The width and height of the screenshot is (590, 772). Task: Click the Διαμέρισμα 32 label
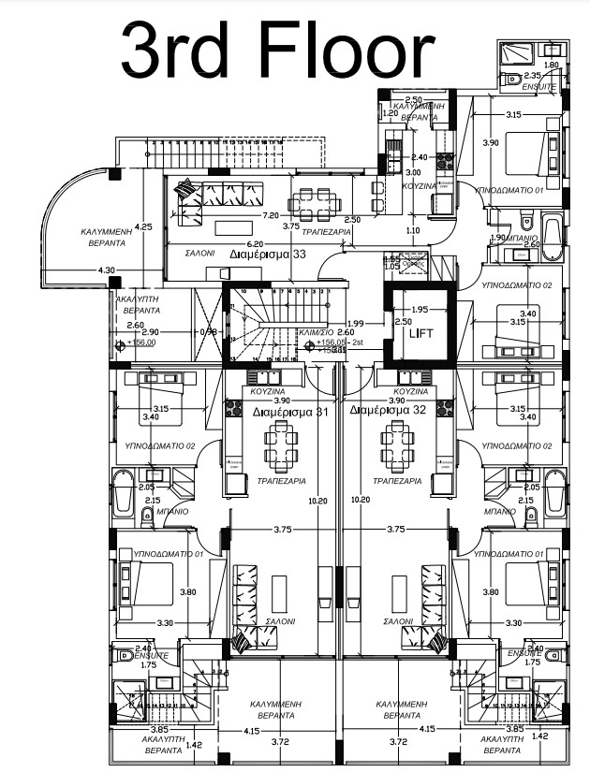point(387,410)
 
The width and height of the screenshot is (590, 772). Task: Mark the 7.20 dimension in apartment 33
point(272,214)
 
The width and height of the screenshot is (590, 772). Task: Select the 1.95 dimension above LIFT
point(420,309)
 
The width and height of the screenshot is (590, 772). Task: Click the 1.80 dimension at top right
point(551,65)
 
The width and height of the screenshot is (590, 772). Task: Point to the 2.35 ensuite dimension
point(532,76)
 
